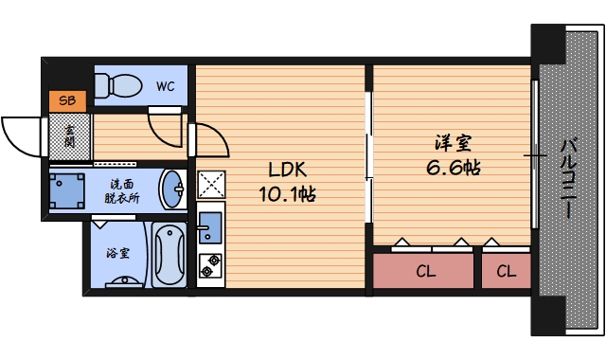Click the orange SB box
point(67,101)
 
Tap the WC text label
point(166,86)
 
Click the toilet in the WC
point(118,85)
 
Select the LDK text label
point(288,170)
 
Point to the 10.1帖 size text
point(288,194)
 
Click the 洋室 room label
point(454,143)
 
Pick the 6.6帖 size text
point(454,168)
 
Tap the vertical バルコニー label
point(568,179)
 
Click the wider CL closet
point(423,271)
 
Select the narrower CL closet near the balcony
point(507,271)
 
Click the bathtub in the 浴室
point(169,255)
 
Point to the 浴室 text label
point(117,253)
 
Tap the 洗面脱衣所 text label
point(122,191)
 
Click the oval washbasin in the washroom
point(172,189)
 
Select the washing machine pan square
point(67,191)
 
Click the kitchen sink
point(210,226)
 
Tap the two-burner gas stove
point(210,265)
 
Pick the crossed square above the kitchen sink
point(211,185)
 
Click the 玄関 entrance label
point(69,136)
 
